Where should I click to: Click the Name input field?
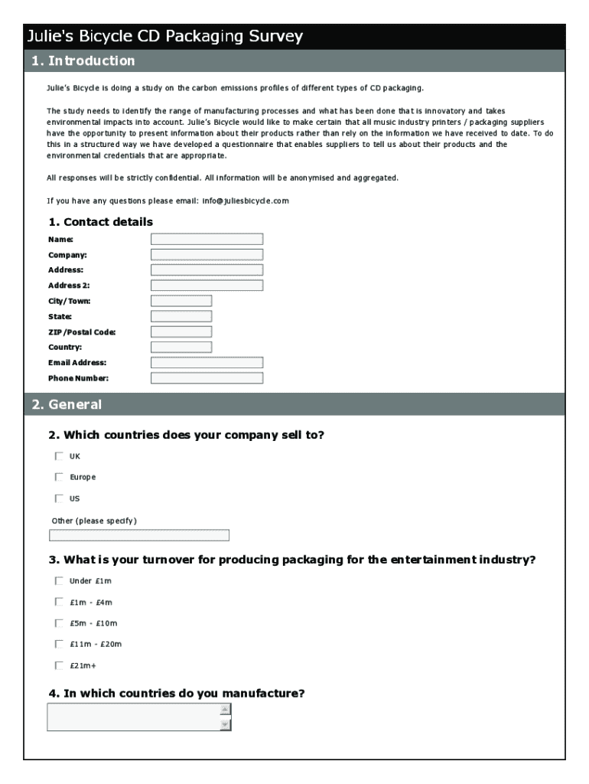click(x=207, y=239)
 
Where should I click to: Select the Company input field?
click(x=207, y=254)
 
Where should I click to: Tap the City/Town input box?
click(x=181, y=301)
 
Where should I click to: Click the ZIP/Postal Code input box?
click(x=181, y=332)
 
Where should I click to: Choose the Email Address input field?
click(x=207, y=362)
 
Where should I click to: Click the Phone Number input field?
click(x=207, y=377)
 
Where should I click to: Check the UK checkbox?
click(x=59, y=456)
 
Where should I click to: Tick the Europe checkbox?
click(x=59, y=477)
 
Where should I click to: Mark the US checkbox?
click(x=59, y=498)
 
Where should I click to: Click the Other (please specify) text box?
click(x=138, y=535)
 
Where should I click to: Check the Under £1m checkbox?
click(x=59, y=581)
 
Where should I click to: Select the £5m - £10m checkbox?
click(x=59, y=622)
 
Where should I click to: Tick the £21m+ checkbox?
click(x=59, y=665)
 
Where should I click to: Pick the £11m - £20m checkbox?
click(x=59, y=644)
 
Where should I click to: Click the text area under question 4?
click(x=133, y=717)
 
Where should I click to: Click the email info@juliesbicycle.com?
click(x=246, y=201)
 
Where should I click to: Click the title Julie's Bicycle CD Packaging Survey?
click(x=165, y=36)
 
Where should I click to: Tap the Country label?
click(x=65, y=347)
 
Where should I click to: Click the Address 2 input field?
click(x=207, y=286)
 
